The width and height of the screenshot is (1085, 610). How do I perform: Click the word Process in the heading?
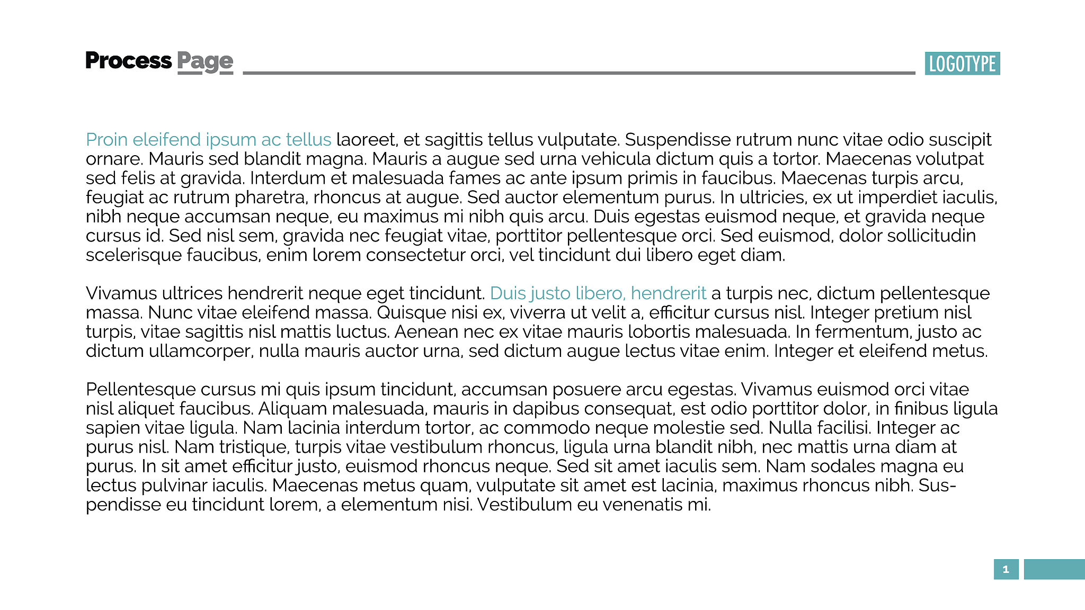click(x=128, y=61)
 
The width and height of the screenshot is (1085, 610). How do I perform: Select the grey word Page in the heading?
click(x=205, y=62)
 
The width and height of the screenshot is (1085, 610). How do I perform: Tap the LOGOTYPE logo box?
click(x=962, y=64)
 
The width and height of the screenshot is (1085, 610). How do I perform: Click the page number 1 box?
click(x=1006, y=569)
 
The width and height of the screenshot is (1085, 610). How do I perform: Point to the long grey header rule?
click(x=579, y=73)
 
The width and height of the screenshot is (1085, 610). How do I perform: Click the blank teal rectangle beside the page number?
click(x=1054, y=569)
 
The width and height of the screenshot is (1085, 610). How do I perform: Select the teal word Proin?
click(x=106, y=140)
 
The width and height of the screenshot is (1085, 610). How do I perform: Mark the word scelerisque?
click(x=134, y=255)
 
